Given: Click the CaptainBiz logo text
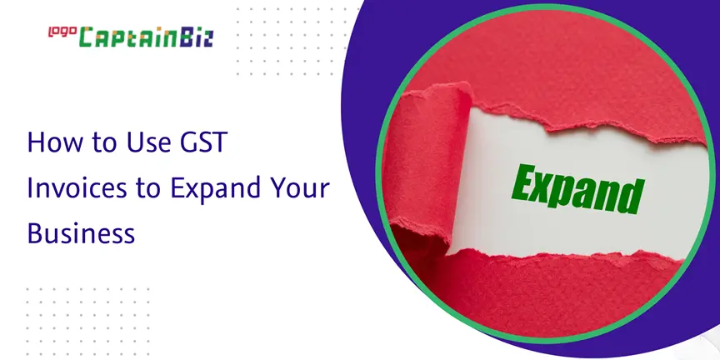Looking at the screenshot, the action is [x=146, y=37].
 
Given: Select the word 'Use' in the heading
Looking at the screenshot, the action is [x=137, y=142].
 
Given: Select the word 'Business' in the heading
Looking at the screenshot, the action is [x=82, y=233].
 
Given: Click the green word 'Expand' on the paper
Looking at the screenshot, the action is [x=577, y=189].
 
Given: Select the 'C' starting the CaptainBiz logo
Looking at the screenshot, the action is [x=87, y=37].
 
